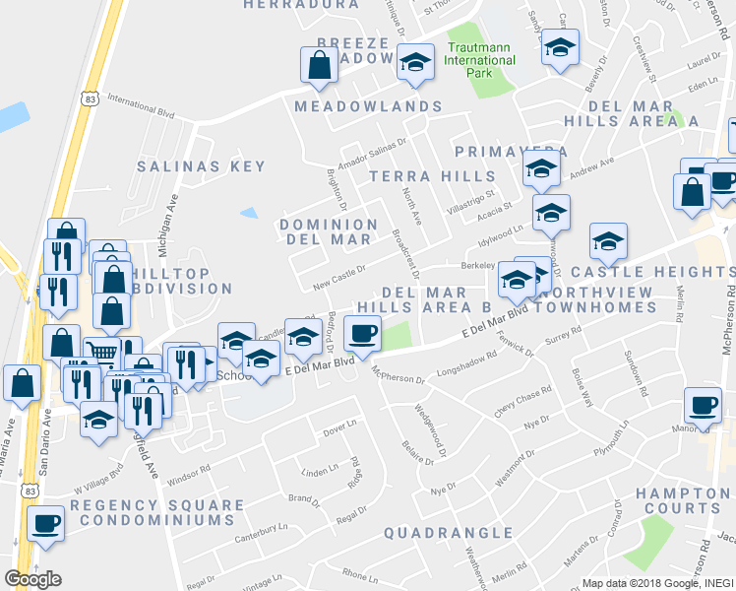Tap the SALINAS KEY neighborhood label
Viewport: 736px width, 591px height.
pos(202,166)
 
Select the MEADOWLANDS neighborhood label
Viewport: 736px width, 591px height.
pos(367,105)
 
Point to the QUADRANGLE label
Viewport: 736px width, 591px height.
pos(449,533)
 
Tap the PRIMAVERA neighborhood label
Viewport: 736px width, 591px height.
pos(512,152)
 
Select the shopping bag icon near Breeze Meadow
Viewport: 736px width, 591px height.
pos(319,66)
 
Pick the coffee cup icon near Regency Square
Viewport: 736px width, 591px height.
pos(44,522)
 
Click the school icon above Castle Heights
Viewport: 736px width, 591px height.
pos(608,240)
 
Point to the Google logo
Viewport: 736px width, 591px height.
pos(31,578)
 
